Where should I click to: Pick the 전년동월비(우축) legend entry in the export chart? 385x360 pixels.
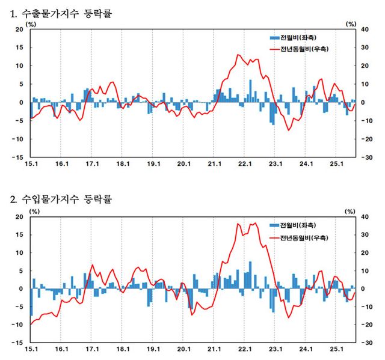(304, 49)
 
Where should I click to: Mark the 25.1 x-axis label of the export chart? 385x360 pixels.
(337, 163)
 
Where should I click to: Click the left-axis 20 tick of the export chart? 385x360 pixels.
(19, 29)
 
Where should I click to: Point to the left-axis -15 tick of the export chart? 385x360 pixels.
(17, 157)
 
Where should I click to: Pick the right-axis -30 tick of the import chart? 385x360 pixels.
(365, 343)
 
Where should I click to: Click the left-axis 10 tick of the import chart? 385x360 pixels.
(19, 252)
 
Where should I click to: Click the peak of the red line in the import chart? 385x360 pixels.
(255, 224)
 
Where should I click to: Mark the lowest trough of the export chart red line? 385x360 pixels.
(289, 130)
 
